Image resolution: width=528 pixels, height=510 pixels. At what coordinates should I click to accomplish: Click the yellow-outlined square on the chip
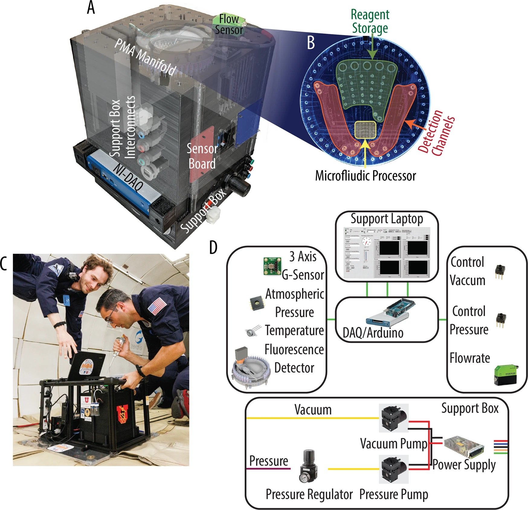click(x=365, y=130)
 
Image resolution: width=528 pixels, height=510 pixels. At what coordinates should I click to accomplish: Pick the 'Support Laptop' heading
click(x=387, y=218)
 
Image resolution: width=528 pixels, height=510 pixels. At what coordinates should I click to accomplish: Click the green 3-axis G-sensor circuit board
click(x=272, y=266)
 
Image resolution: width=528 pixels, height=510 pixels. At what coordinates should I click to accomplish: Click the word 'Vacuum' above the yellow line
click(x=313, y=410)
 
